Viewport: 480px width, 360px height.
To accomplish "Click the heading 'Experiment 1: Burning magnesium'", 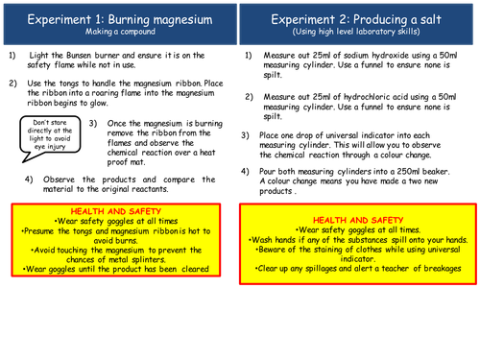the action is pos(120,19).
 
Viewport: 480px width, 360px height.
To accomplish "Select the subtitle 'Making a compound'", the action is pos(120,32).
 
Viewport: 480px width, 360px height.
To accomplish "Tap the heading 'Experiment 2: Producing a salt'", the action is pos(356,19).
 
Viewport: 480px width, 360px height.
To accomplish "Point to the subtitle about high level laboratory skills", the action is pos(356,32).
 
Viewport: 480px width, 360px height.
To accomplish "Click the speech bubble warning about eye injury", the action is pos(50,137).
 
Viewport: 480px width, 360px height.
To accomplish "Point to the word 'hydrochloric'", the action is pos(367,97).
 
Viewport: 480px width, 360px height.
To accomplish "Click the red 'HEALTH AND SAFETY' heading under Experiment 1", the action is pos(116,211).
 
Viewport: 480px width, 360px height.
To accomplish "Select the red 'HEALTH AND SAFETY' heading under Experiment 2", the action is pos(358,220).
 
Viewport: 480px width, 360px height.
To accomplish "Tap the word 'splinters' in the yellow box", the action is pos(148,260).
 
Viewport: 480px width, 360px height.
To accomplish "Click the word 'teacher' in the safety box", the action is pos(395,269).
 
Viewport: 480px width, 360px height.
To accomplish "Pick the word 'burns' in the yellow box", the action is pos(115,241).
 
